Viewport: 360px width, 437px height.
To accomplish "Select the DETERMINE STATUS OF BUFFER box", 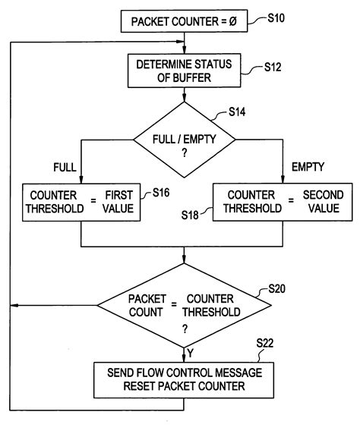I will (184, 70).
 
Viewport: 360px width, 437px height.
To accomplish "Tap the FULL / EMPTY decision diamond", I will (184, 141).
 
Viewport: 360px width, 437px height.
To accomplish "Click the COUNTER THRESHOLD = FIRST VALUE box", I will (82, 202).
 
